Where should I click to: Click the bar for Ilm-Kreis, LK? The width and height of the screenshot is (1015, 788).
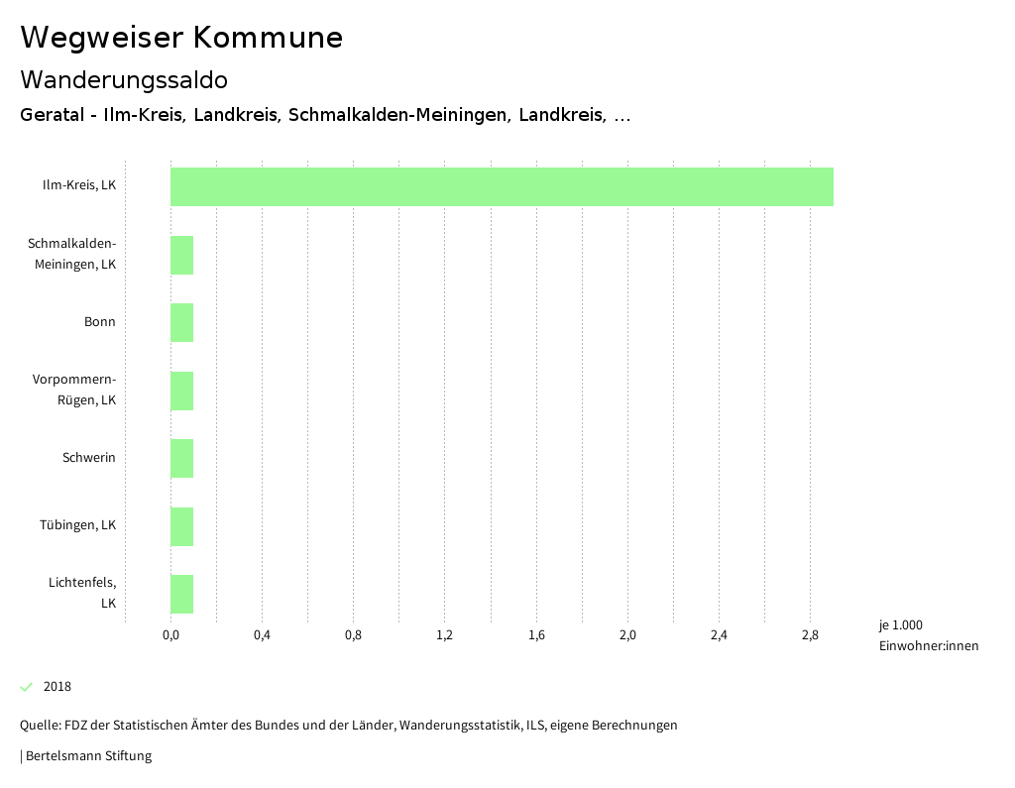click(502, 186)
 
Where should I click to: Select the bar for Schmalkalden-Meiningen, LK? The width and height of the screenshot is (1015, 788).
click(181, 255)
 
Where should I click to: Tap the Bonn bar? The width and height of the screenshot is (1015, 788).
click(181, 322)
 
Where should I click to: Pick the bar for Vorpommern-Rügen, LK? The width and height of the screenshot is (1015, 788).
click(181, 391)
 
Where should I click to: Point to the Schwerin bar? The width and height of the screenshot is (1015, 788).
click(181, 458)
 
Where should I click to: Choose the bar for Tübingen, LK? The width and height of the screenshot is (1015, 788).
click(181, 526)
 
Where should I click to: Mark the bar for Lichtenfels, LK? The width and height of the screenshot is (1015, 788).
click(181, 594)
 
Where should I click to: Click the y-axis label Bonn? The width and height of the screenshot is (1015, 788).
click(99, 322)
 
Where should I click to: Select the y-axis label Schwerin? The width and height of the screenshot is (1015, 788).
click(88, 458)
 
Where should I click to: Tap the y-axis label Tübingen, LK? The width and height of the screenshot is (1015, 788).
click(77, 525)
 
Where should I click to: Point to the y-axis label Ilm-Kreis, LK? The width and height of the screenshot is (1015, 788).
click(78, 186)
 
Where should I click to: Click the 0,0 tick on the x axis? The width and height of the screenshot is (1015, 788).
click(170, 635)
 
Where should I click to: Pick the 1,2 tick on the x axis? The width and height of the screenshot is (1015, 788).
click(444, 635)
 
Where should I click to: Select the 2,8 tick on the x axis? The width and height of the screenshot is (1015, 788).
click(810, 635)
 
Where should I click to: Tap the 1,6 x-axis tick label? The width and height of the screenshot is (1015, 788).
click(536, 635)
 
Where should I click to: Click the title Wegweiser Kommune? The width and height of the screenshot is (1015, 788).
click(181, 38)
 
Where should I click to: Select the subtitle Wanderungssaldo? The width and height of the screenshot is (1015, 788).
click(124, 79)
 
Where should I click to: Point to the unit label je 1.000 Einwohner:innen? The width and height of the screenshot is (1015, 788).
click(928, 635)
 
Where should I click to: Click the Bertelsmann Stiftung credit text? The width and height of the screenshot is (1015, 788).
click(87, 756)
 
